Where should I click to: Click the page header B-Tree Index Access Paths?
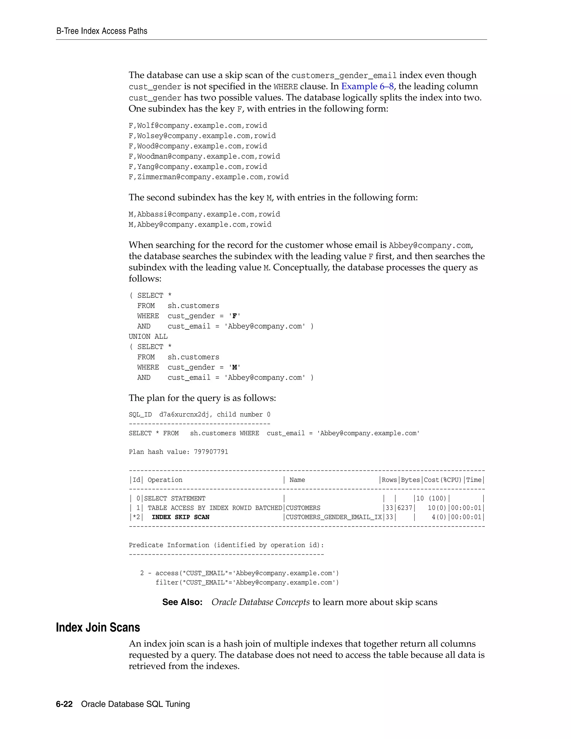tap(101, 31)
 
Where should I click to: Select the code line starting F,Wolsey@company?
tap(202, 136)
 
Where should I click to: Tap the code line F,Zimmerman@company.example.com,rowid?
tap(208, 177)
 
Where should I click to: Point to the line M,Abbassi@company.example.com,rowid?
tap(204, 214)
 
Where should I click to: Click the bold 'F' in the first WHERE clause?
tap(234, 316)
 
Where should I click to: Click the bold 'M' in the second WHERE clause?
tap(234, 368)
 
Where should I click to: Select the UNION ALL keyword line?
tap(148, 337)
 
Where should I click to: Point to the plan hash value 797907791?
tap(211, 452)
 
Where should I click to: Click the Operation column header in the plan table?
tap(165, 480)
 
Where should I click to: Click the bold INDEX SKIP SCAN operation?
tap(180, 517)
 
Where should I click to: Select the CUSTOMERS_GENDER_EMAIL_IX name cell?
tap(333, 517)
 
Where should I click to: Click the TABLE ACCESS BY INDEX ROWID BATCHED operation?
tap(214, 508)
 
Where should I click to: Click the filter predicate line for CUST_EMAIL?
tap(247, 582)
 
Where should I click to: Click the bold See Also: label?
tap(182, 602)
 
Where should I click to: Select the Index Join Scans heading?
tap(98, 627)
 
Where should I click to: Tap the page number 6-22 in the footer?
tap(64, 704)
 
